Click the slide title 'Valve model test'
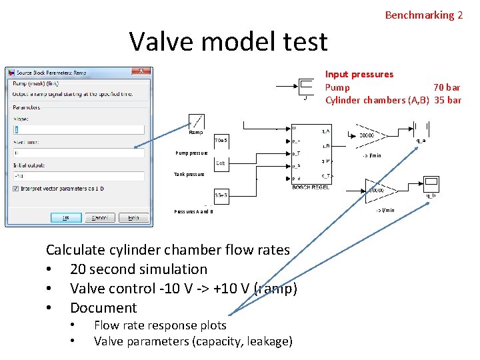point(228,41)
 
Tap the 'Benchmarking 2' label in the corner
point(423,15)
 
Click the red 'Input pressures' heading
point(359,74)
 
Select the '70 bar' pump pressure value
point(446,87)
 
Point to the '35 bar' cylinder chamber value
point(446,100)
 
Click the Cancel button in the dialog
point(99,217)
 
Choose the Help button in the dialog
point(133,217)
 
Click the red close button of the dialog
point(141,71)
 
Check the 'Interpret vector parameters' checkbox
point(15,188)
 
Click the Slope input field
point(78,130)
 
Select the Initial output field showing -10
point(78,176)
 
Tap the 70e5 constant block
point(221,141)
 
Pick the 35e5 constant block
point(221,195)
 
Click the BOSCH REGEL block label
point(310,187)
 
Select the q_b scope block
point(431,183)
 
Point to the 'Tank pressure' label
point(189,175)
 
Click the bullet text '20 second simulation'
point(139,269)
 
